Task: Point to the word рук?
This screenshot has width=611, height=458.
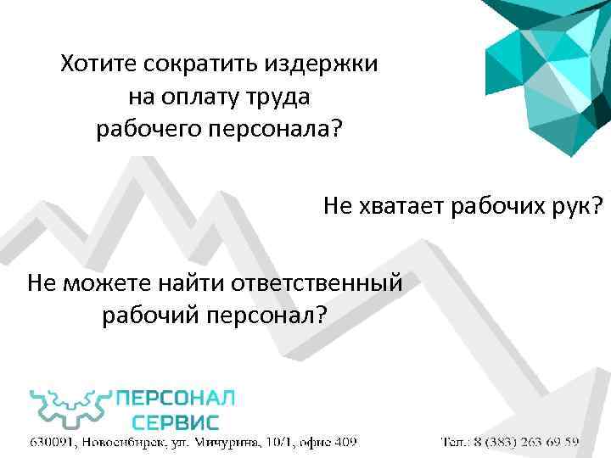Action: (x=576, y=206)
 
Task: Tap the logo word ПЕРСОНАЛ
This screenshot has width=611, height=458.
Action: (x=175, y=397)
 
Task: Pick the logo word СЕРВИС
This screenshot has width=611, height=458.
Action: (x=177, y=422)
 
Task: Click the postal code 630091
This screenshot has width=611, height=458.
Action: (x=53, y=443)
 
